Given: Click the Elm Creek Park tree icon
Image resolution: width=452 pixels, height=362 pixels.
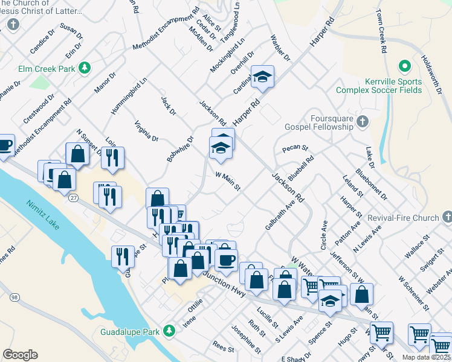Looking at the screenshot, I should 85,69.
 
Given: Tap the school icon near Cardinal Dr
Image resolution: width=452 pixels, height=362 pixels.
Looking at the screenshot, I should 262,77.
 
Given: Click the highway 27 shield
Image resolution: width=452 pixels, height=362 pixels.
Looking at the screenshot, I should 73,198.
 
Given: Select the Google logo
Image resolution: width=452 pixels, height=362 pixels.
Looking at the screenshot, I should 20,355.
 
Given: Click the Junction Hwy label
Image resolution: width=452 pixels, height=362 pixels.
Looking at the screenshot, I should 227,284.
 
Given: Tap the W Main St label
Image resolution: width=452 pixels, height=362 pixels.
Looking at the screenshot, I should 228,180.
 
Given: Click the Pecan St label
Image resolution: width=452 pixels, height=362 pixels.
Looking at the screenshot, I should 295,148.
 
